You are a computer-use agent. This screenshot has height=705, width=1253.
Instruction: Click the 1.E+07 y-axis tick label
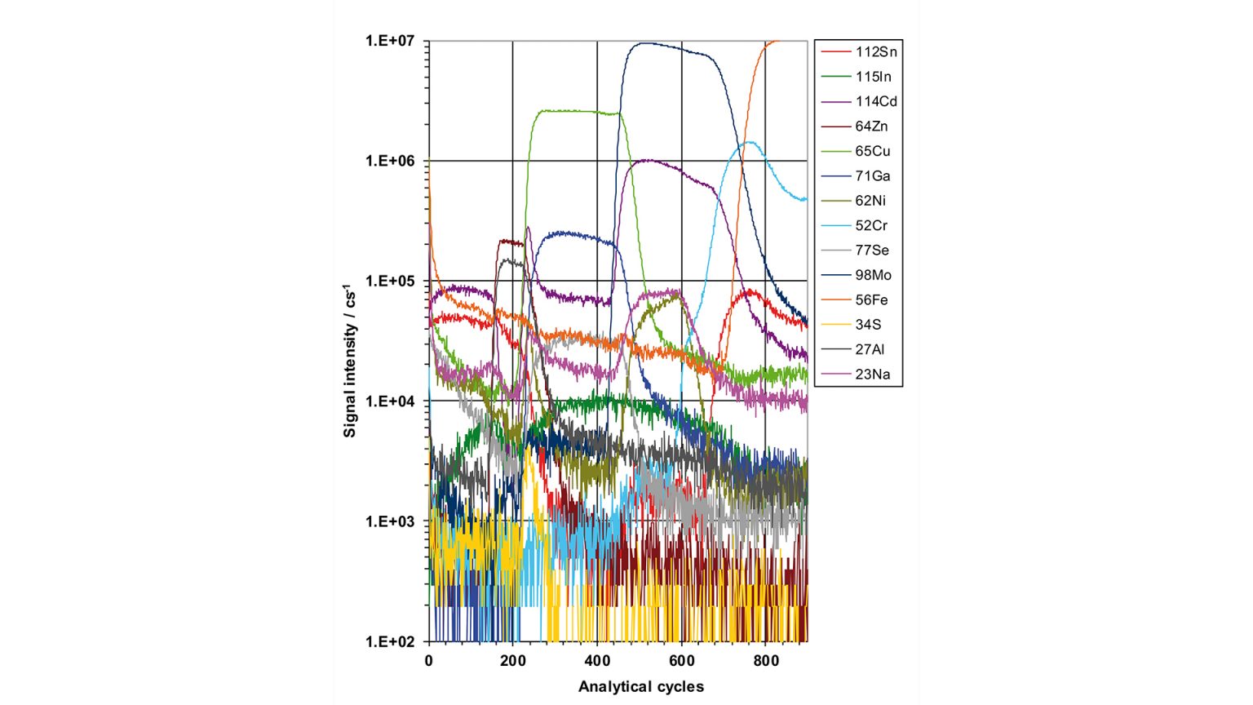point(390,41)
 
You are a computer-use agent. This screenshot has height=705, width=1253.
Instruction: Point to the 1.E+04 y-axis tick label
point(390,401)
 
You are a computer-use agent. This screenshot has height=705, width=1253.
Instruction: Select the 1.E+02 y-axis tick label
point(390,641)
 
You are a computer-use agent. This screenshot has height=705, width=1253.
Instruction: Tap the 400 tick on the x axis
point(597,661)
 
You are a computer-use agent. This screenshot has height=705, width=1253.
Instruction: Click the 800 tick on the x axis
point(766,661)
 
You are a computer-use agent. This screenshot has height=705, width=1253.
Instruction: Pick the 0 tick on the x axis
point(429,661)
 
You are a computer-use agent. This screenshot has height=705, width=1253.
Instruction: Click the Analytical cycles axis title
point(641,686)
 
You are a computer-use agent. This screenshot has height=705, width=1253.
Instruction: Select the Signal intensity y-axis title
point(350,361)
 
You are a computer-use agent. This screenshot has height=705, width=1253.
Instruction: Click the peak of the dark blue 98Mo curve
point(644,43)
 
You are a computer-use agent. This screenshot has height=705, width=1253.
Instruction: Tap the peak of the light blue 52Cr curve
point(749,143)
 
